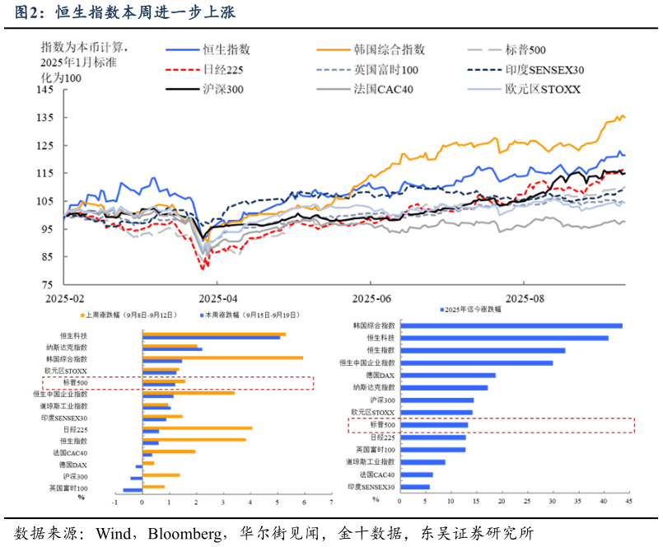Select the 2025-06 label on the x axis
[x=371, y=299]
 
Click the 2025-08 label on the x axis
[x=525, y=299]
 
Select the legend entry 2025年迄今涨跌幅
[x=469, y=309]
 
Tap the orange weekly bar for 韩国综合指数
[x=222, y=358]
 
